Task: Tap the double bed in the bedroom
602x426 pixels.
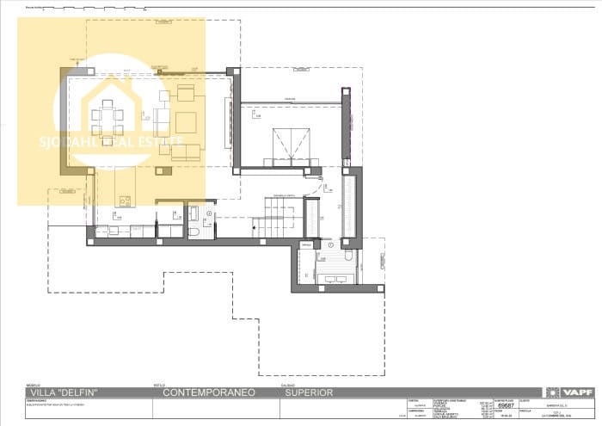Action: [290, 143]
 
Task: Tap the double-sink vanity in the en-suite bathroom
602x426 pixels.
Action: [335, 276]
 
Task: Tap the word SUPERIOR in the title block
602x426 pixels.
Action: [309, 393]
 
